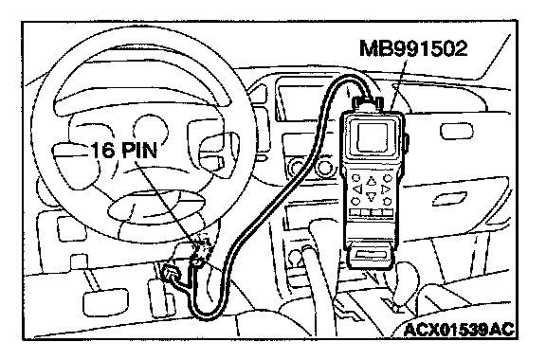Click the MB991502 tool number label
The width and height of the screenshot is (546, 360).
[413, 48]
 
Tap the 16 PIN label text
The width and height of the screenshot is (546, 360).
[124, 151]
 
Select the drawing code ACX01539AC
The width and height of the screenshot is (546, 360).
[459, 330]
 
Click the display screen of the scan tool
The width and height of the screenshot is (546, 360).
[373, 136]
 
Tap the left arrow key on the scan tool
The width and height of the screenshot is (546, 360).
[357, 189]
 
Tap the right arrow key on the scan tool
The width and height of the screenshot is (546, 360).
[385, 189]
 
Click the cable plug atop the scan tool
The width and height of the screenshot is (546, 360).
[369, 104]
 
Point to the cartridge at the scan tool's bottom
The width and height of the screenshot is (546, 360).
[370, 256]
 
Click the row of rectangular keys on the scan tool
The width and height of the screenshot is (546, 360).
[371, 212]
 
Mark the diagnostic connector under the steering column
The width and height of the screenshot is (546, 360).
[201, 246]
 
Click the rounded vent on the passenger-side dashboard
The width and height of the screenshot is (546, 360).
[457, 132]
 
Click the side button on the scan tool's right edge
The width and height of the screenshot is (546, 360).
[408, 142]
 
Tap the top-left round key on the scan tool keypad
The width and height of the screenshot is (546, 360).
[355, 178]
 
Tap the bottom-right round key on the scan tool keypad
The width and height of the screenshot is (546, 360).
[387, 201]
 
